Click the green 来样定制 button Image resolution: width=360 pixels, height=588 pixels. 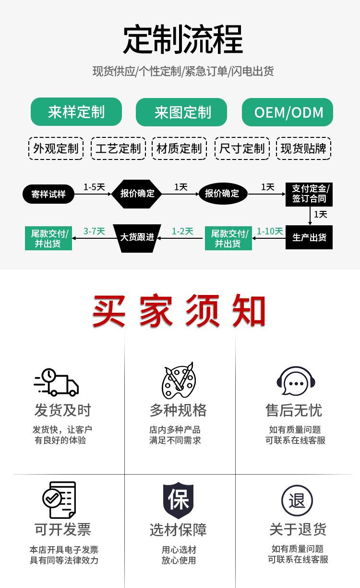(x=76, y=112)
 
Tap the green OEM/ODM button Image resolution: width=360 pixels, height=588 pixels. (x=287, y=112)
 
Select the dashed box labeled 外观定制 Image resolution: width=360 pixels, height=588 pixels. (x=56, y=148)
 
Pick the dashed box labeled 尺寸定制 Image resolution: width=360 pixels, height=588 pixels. (x=242, y=148)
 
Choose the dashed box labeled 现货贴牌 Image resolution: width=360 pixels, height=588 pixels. (x=303, y=148)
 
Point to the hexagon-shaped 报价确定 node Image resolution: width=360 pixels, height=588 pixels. (x=137, y=194)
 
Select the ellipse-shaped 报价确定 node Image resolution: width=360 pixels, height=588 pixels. (x=222, y=194)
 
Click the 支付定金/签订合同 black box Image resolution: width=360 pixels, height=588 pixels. (x=309, y=194)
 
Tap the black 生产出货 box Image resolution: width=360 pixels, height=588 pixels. (x=309, y=237)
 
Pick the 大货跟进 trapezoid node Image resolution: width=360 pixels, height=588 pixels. (x=137, y=237)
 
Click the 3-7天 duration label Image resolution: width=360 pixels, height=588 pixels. (x=94, y=232)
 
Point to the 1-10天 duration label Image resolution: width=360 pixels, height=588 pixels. (x=270, y=232)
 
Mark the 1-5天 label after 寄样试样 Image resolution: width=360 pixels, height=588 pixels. (x=94, y=187)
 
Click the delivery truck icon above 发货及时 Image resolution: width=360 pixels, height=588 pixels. (x=56, y=382)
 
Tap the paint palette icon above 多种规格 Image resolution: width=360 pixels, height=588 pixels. (x=179, y=381)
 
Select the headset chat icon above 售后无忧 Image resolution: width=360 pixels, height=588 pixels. (x=295, y=382)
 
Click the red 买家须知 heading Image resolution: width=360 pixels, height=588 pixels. (x=179, y=311)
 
